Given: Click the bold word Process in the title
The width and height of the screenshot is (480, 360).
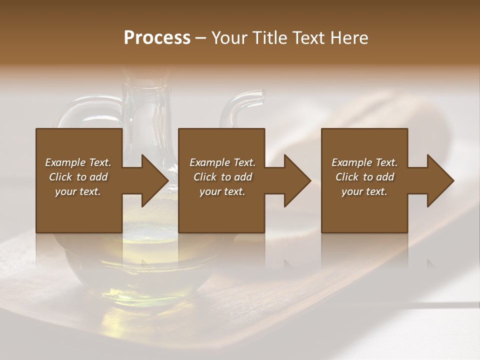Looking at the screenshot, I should (157, 38).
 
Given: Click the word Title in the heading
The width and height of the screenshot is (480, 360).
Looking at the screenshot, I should (270, 38).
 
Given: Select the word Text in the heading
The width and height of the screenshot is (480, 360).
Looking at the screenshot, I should (308, 38).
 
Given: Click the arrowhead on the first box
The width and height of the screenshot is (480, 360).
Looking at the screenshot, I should (153, 180).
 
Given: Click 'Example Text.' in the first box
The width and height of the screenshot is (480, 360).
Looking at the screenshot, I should (78, 162).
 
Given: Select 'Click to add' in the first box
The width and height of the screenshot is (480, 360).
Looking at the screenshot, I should (78, 177).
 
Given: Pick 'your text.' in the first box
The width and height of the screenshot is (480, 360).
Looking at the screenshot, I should (78, 191).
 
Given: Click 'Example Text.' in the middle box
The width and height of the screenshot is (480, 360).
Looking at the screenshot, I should (222, 162).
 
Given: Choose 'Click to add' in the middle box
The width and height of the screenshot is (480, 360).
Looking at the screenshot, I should (222, 177).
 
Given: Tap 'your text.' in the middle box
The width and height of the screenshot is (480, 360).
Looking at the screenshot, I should (222, 191).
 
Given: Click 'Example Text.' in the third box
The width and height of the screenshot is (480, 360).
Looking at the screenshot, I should (364, 162).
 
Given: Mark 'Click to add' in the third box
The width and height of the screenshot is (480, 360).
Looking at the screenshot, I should (364, 177).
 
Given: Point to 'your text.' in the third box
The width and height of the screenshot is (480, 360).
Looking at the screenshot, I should (364, 191).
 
